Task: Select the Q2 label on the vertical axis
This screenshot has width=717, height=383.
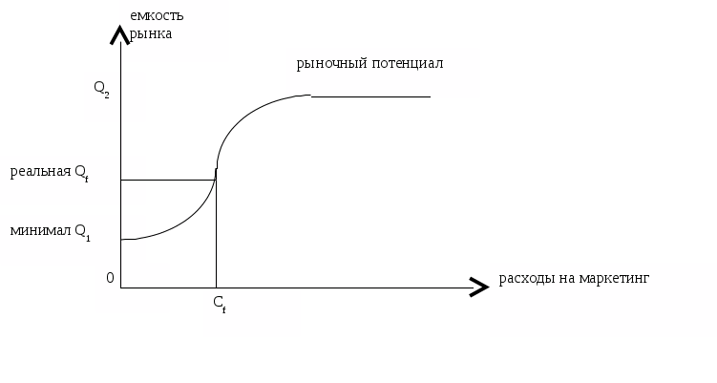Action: pos(102,90)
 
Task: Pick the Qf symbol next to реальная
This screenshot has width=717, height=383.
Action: pos(82,174)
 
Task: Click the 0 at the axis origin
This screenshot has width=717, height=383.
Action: pos(110,278)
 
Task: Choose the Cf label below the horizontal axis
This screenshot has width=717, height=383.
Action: pos(219,304)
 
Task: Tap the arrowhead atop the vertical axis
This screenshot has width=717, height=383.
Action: pos(119,35)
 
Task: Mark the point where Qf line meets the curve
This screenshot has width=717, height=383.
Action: pos(216,180)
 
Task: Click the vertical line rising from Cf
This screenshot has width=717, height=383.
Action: pos(217,239)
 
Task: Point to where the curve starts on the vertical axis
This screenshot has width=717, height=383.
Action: pos(122,241)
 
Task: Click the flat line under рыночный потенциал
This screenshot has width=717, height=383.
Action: pos(372,96)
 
